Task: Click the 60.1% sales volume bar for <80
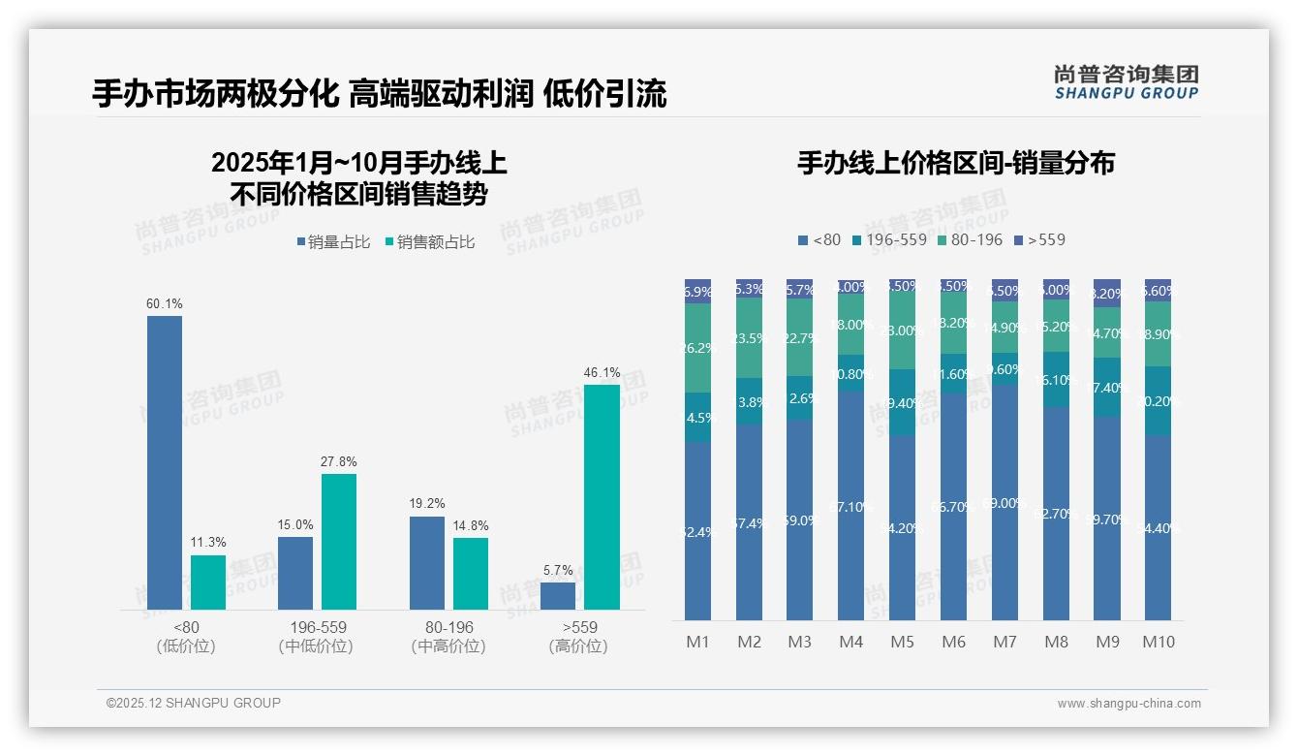tap(165, 462)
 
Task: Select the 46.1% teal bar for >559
tap(602, 496)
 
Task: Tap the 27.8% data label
tap(339, 461)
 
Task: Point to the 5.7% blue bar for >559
tap(558, 595)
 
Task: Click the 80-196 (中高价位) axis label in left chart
tap(448, 636)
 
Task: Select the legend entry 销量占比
tap(333, 242)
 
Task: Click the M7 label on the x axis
tap(1004, 642)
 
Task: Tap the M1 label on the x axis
tap(698, 642)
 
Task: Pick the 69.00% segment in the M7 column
tap(1004, 502)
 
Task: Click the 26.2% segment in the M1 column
tap(698, 347)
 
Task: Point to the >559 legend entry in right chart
tap(1039, 239)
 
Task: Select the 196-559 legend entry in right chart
tap(889, 239)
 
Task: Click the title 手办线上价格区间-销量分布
tap(955, 163)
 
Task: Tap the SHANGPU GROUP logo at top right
tap(1126, 82)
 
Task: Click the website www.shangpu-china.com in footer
tap(1128, 703)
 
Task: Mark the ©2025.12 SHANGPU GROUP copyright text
tap(194, 703)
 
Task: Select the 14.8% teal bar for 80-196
tap(471, 573)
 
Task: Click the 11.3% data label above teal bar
tap(208, 543)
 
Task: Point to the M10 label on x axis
tap(1158, 642)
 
